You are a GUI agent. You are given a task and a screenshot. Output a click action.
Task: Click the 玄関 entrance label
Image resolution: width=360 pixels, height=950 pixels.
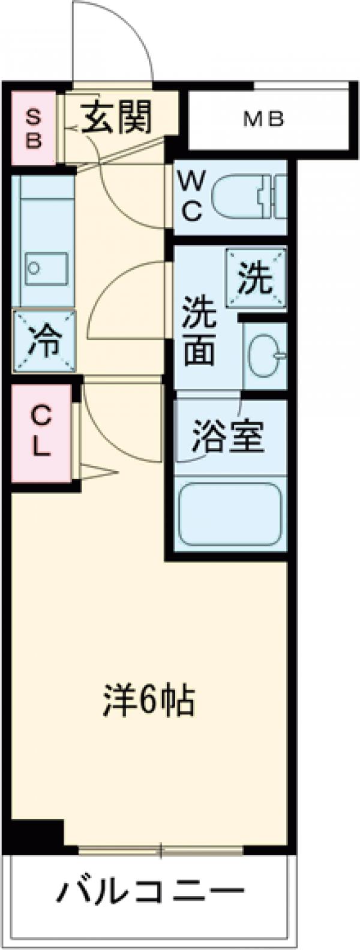point(117,116)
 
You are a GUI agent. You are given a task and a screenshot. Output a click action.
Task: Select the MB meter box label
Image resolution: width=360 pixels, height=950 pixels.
point(263,120)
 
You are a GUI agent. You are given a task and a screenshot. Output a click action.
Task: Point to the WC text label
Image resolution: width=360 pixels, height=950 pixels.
point(191,195)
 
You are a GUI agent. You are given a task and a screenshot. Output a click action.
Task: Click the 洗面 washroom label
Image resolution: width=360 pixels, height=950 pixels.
point(199,339)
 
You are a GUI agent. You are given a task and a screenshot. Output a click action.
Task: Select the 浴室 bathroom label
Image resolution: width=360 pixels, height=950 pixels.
point(228,437)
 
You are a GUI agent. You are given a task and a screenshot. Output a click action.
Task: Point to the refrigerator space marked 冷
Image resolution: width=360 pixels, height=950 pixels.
point(44,341)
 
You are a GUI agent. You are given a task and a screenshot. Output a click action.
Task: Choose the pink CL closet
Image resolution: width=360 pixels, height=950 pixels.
point(40,430)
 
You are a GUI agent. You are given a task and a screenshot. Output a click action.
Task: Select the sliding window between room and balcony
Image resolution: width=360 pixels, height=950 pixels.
point(161,850)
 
